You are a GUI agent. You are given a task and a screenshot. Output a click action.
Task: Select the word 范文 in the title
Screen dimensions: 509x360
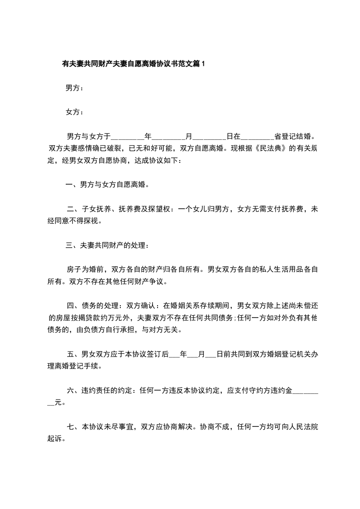tap(183, 64)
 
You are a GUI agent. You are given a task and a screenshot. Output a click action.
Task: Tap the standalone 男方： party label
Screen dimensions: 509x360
tap(74, 88)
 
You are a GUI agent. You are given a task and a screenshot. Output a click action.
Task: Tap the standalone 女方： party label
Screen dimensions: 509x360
tap(74, 112)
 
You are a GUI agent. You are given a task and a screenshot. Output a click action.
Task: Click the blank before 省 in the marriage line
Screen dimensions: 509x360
tap(257, 136)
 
